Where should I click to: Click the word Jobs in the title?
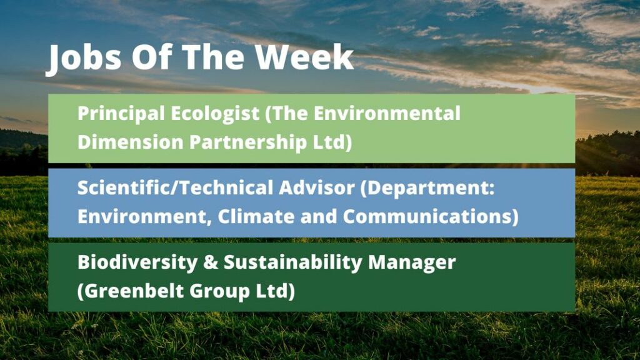(84, 58)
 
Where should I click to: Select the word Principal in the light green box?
(121, 114)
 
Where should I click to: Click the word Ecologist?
(215, 114)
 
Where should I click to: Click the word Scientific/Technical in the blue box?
(175, 187)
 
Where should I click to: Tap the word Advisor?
(317, 187)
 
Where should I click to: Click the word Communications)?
(431, 217)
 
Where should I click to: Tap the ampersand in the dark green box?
(210, 262)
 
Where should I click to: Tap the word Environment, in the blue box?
(144, 217)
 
